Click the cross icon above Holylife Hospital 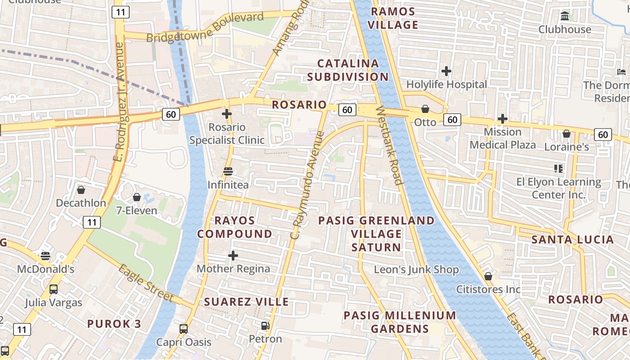pos(446,71)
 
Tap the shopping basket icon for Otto pos(425,109)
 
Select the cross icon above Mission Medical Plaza pos(502,119)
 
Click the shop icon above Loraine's pos(566,134)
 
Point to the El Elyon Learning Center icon pos(558,169)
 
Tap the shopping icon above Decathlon pos(81,190)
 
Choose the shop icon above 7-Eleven pos(136,197)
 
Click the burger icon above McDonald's pos(45,256)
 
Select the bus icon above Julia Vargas pos(53,289)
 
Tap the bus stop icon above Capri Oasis pos(183,328)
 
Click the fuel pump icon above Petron pos(265,325)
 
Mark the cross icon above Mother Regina pos(233,256)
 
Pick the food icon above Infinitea pos(228,171)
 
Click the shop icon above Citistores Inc pos(488,276)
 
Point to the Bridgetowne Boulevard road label pos(205,28)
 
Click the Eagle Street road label pos(146,283)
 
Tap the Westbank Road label pos(389,145)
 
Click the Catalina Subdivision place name pos(348,70)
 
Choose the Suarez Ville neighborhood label pos(247,301)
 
